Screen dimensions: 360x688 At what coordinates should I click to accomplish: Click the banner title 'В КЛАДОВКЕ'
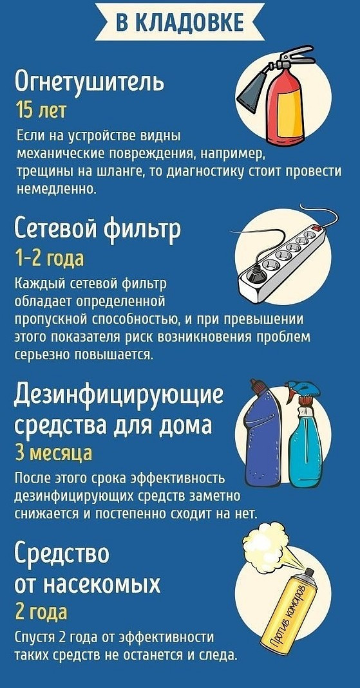(x=180, y=22)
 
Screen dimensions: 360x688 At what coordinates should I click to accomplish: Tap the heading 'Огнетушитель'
(x=90, y=82)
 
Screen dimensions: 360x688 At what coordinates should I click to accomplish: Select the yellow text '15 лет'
(x=41, y=109)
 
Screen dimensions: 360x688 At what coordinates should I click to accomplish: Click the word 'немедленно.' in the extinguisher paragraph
(x=55, y=189)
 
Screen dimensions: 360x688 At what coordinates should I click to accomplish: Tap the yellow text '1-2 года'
(x=50, y=259)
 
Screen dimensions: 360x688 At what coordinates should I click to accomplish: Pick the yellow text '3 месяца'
(x=53, y=453)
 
